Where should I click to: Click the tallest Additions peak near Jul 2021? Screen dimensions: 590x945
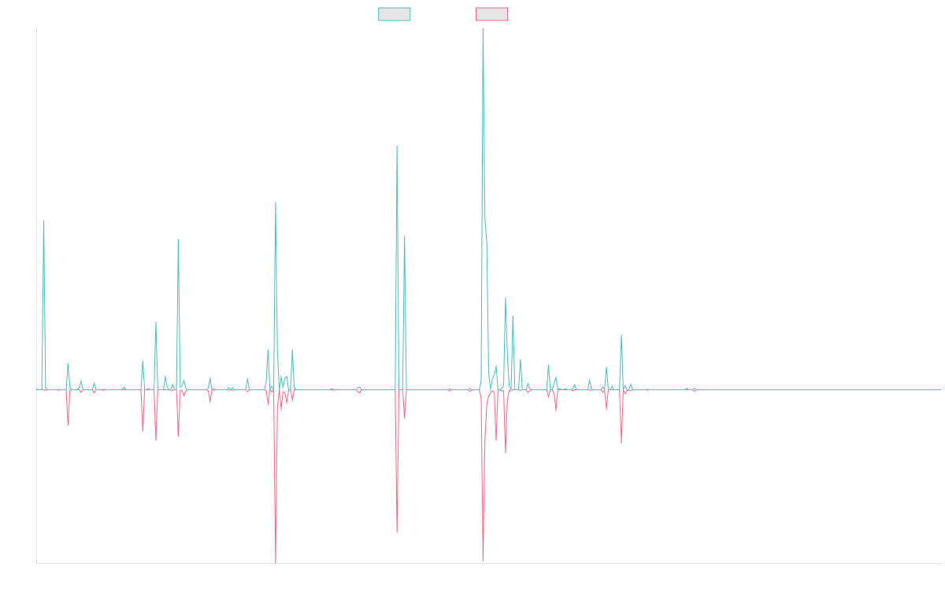[x=483, y=29]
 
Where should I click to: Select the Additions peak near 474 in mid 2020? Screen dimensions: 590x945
[x=397, y=146]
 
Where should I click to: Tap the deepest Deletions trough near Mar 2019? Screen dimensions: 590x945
[x=276, y=562]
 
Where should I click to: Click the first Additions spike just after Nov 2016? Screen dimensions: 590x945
[x=44, y=221]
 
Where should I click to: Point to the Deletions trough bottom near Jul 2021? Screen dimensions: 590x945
[x=483, y=559]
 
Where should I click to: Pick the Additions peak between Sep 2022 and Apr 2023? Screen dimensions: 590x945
[x=621, y=335]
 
